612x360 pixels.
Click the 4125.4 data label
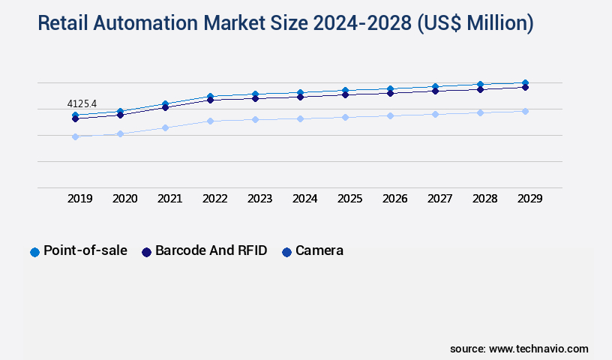[x=82, y=103]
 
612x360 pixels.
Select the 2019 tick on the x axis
[x=80, y=199]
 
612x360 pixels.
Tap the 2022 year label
[x=214, y=199]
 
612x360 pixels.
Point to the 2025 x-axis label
[x=349, y=199]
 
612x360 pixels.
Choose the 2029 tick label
[x=529, y=199]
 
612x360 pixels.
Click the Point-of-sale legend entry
[x=85, y=250]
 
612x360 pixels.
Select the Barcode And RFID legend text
[x=211, y=250]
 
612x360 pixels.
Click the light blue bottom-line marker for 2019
[x=75, y=136]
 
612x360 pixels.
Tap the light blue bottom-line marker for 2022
[x=210, y=121]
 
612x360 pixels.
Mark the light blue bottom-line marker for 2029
[x=525, y=111]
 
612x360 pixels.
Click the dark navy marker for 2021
[x=165, y=107]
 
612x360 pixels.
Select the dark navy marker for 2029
[x=525, y=87]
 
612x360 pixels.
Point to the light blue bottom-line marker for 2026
[x=390, y=115]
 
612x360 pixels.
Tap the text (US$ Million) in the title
[x=475, y=23]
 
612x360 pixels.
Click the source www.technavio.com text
[x=519, y=349]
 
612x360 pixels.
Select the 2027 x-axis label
[x=439, y=199]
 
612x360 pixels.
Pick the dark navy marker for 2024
[x=300, y=97]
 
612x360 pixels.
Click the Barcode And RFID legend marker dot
[x=147, y=252]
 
